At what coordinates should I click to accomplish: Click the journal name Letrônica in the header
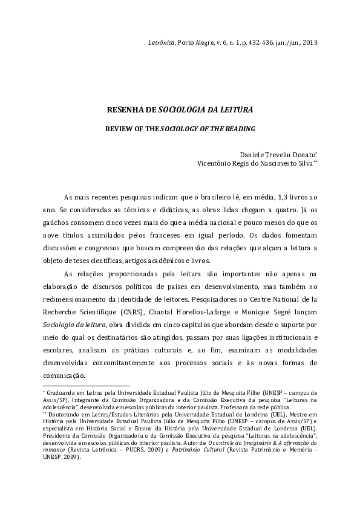(x=161, y=43)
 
